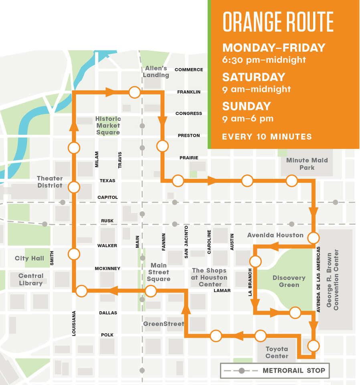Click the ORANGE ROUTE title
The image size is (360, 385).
coord(278,22)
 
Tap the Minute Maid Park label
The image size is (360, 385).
coord(307,164)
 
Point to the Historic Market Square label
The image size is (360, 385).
coord(108,126)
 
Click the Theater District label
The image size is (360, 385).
coord(50,182)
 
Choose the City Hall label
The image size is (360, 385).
coord(29,258)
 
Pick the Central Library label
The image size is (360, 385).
coord(31,280)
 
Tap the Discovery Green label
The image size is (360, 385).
coord(289,281)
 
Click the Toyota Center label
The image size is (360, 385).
coord(277,353)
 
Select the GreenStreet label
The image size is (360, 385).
coord(164,324)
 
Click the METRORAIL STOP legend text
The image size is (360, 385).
coord(294,371)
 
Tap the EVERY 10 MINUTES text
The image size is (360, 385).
coord(267,136)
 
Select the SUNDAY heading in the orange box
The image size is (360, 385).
coord(247,106)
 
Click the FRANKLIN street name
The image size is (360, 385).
coord(189,92)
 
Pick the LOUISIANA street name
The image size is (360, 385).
coord(74,323)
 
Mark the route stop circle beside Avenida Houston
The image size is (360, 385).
coord(313,237)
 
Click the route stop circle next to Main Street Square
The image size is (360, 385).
coord(151,291)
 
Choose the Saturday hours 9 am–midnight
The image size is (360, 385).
coord(256,89)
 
